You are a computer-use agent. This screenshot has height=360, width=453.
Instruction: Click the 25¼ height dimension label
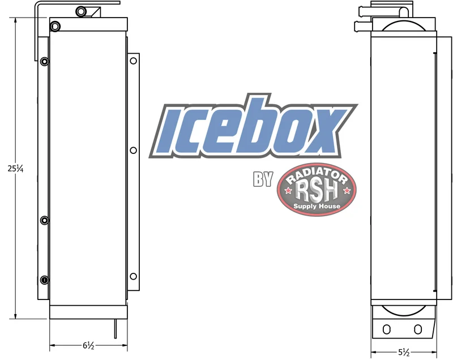15,168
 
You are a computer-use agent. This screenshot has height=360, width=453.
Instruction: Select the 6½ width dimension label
88,345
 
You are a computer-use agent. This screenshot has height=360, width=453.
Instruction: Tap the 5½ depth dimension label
404,352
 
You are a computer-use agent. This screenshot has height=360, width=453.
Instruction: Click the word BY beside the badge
263,179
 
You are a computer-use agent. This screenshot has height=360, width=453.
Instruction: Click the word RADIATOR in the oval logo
317,175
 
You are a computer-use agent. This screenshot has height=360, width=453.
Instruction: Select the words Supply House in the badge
317,206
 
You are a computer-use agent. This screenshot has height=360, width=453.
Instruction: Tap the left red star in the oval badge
288,191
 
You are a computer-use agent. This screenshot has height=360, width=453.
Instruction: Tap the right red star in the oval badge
347,191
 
